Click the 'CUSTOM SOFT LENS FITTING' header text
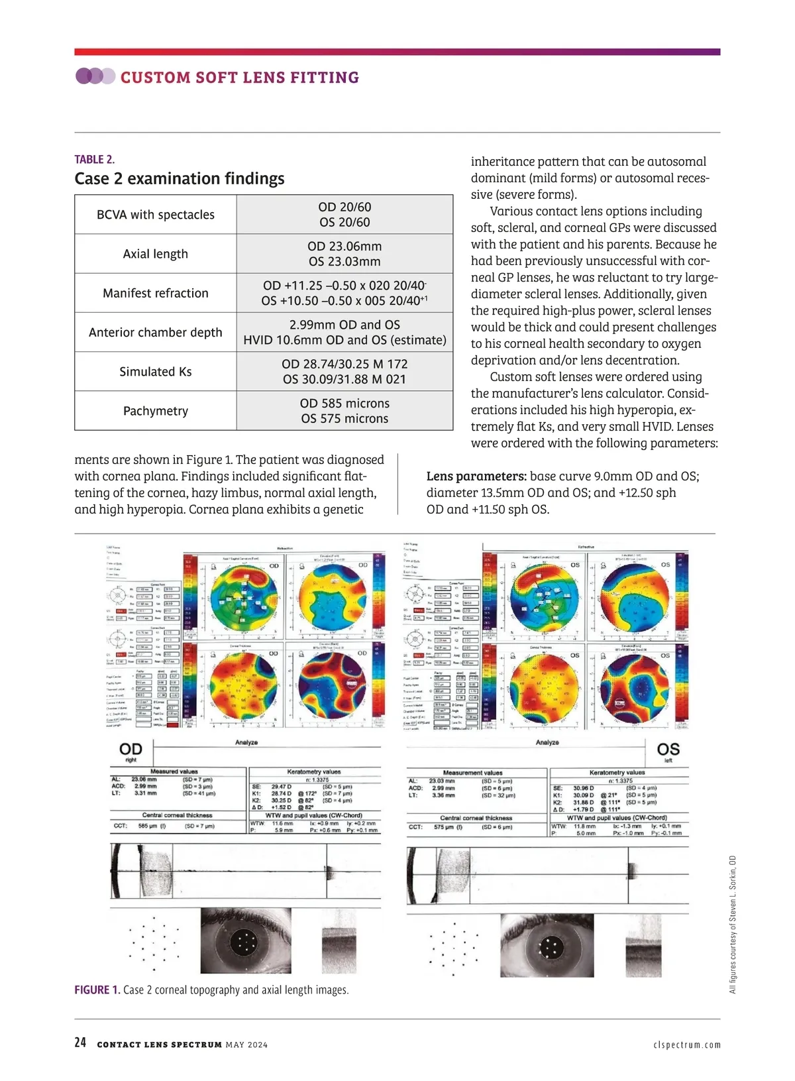pos(239,78)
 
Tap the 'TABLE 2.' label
pos(94,159)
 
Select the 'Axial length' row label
pos(155,254)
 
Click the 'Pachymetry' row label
pos(155,411)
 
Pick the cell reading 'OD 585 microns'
pos(344,403)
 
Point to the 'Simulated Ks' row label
pos(155,372)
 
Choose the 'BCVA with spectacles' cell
pos(155,215)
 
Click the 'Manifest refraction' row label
pos(155,293)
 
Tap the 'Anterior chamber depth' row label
pos(155,332)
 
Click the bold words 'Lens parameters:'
pos(476,477)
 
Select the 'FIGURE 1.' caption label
pos(97,990)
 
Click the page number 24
pos(80,1043)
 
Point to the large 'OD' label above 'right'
pos(131,750)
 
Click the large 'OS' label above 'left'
pos(668,750)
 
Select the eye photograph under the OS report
pos(547,946)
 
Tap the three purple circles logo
pos(95,76)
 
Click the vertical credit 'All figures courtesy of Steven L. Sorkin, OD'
pos(733,924)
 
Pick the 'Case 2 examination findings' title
pos(180,179)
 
